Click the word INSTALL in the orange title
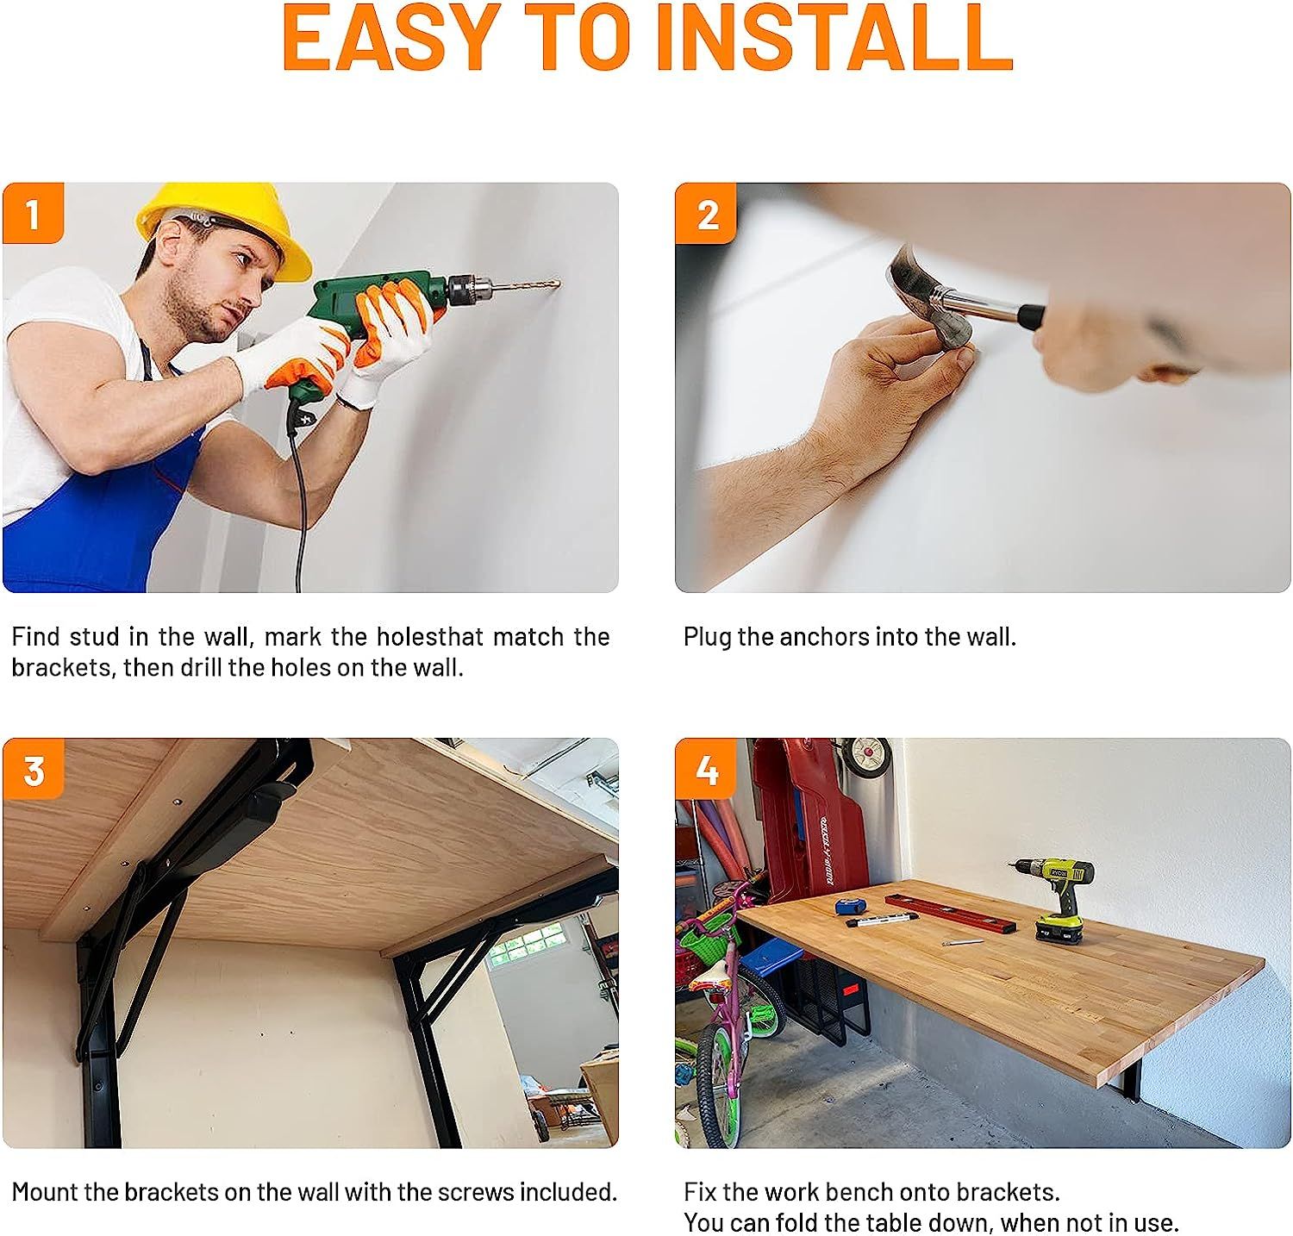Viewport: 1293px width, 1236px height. (834, 39)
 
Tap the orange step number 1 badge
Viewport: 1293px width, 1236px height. (33, 213)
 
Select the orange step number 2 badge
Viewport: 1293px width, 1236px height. (706, 213)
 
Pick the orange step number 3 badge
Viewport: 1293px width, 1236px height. (33, 769)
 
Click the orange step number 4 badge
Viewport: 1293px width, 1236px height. (706, 769)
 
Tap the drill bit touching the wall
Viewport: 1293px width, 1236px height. (526, 282)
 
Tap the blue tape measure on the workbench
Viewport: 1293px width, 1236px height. (849, 906)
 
